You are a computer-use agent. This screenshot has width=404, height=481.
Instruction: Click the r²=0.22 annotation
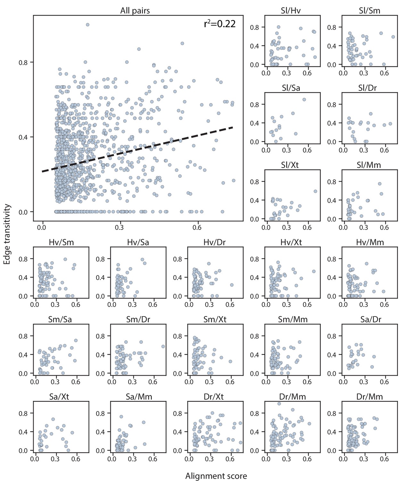click(x=220, y=24)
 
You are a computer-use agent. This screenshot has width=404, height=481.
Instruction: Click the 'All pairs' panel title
click(x=135, y=11)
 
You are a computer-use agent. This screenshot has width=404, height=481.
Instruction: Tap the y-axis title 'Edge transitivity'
click(x=7, y=234)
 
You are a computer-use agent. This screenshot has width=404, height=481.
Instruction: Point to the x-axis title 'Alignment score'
click(x=216, y=476)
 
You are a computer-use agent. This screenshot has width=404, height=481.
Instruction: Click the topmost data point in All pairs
click(x=87, y=25)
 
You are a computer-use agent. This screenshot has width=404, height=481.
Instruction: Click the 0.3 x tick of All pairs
click(x=120, y=227)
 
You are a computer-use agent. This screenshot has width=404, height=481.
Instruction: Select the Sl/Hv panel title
click(x=291, y=11)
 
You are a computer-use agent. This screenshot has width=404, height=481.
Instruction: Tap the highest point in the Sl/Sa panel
click(x=304, y=99)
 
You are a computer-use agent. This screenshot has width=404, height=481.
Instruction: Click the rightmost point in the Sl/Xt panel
click(x=315, y=191)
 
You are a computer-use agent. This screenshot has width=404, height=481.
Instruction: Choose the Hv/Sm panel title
click(x=61, y=242)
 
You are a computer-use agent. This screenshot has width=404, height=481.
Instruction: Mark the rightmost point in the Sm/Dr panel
click(x=163, y=346)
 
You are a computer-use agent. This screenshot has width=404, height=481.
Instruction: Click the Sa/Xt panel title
click(x=59, y=397)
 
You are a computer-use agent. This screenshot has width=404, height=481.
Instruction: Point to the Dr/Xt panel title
click(x=214, y=397)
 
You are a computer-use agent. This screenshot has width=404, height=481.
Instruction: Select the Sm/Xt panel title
click(x=215, y=319)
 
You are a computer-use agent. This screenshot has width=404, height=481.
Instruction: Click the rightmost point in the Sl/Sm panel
click(x=393, y=37)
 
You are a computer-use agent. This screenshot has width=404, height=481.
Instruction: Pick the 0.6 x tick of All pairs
click(x=197, y=227)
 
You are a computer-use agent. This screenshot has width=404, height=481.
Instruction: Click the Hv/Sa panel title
click(x=138, y=242)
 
